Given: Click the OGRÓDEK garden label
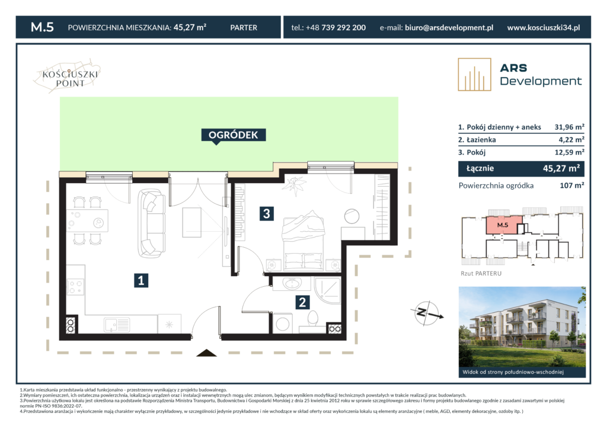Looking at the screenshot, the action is pos(234,135).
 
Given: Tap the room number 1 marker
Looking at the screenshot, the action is pos(141,280).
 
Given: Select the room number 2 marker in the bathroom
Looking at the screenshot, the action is pos(302,302).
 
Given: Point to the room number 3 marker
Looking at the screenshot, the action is pos(266,213).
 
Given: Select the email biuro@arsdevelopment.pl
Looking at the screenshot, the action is pos(449,27).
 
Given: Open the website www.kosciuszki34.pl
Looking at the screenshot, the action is pos(544,27).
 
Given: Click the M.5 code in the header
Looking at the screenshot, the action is pos(42,27).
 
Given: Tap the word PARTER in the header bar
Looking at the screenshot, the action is pos(244,27).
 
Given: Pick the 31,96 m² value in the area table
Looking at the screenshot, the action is pos(569,127).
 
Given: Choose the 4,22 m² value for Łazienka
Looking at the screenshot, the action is pos(571,140).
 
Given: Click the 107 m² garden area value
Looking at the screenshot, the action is pos(572,185).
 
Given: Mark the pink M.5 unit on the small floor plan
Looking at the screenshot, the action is pos(503,225).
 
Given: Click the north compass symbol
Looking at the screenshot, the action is pos(427,313).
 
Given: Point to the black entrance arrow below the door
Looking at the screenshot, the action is pos(206,353).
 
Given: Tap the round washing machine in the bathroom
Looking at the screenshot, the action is pos(283,324).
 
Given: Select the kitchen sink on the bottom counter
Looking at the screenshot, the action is pos(117,324).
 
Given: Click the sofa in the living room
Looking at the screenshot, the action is pos(152,223).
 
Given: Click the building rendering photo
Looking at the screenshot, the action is pos(522,332).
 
